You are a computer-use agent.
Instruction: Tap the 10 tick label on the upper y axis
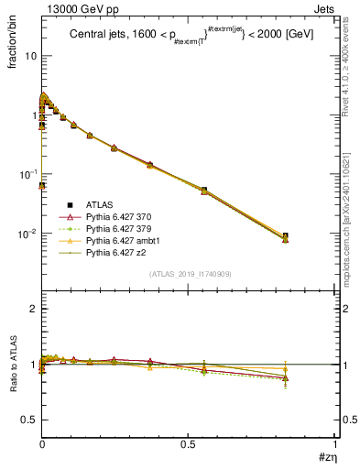(x=29, y=56)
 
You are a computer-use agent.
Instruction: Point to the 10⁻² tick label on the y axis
(x=27, y=234)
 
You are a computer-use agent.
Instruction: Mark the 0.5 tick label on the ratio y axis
(x=28, y=420)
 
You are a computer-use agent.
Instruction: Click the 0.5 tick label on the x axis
(x=188, y=444)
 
